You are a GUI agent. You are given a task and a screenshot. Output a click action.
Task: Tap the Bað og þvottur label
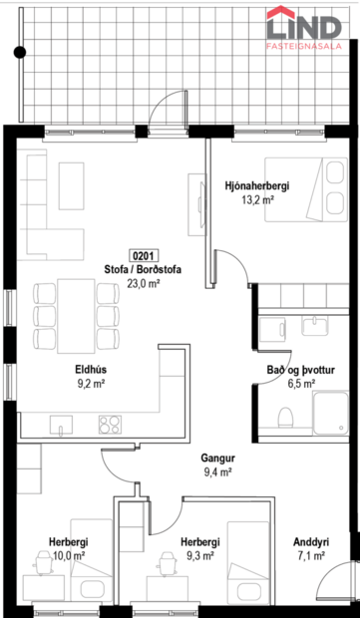pos(300,369)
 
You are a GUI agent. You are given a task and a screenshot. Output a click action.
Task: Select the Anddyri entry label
pos(311,542)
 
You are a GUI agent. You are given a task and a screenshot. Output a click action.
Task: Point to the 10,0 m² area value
pos(68,555)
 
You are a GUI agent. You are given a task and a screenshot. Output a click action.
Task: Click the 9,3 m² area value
pos(200,555)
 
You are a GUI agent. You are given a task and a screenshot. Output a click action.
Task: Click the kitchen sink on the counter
pos(62,430)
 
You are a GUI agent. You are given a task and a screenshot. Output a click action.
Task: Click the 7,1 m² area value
pos(311,556)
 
